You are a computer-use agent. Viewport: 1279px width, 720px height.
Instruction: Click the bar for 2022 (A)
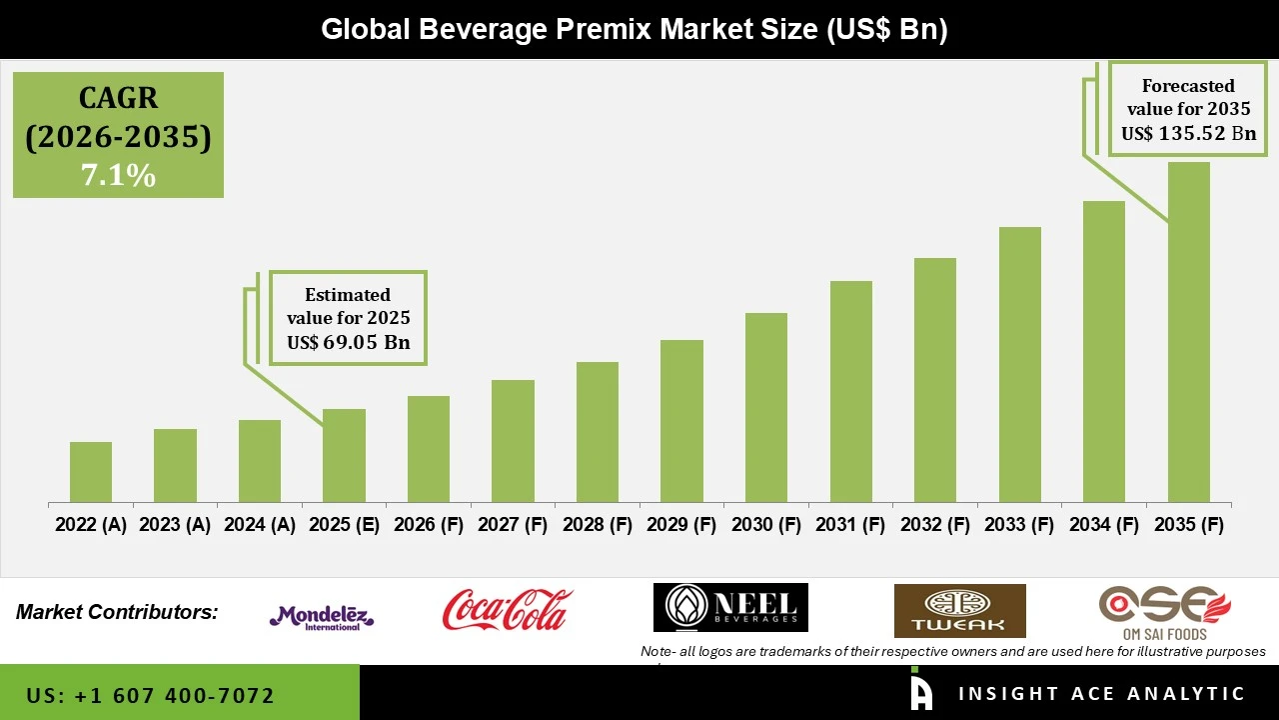[91, 472]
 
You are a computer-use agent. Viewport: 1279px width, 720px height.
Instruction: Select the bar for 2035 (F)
[1189, 332]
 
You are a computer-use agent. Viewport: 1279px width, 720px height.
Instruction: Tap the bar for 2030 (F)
[766, 407]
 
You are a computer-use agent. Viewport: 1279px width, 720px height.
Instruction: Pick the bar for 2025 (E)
[344, 455]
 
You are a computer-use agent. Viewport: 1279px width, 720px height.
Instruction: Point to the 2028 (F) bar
[598, 432]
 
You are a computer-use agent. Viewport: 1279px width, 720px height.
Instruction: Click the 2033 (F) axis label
[1020, 525]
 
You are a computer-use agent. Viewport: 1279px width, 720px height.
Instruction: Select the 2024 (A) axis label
[260, 525]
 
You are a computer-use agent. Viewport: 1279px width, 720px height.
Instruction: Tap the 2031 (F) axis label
[851, 525]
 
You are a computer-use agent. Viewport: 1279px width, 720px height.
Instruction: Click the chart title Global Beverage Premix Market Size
[634, 30]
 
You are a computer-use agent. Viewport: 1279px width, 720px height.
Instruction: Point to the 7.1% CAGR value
[118, 176]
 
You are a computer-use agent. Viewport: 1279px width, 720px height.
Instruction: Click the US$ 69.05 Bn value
[349, 343]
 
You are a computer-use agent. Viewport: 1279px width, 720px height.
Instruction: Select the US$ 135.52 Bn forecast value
[1188, 133]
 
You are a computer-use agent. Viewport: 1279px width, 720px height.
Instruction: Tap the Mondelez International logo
[322, 617]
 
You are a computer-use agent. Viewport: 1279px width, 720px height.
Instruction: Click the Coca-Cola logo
[507, 609]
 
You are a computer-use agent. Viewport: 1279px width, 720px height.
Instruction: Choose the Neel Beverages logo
[730, 608]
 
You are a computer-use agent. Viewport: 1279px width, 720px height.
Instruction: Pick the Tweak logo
[959, 611]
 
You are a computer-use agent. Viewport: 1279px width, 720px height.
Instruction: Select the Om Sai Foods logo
[1164, 612]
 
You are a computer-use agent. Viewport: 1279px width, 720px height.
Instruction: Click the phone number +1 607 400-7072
[151, 695]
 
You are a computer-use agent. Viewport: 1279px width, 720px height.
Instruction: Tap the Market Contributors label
[117, 611]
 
